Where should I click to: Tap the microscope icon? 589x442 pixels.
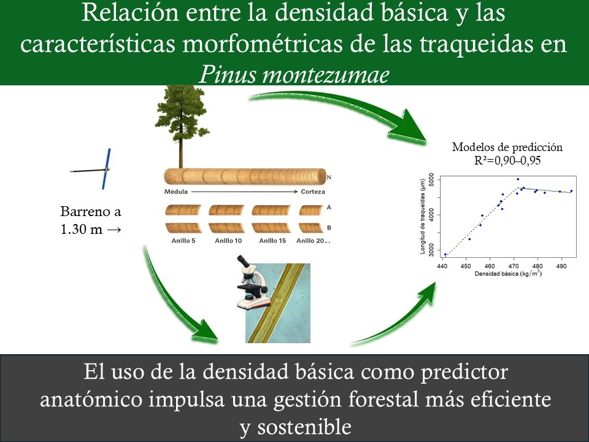click(252, 282)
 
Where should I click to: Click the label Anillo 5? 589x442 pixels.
click(183, 241)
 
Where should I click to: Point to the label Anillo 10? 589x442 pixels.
click(228, 241)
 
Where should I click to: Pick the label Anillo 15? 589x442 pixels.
click(272, 241)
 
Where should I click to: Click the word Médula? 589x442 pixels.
click(176, 192)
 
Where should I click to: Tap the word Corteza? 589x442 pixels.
click(313, 192)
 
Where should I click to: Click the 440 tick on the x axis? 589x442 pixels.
click(442, 266)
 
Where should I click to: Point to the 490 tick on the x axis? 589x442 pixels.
click(561, 266)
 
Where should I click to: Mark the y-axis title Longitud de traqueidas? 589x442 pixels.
click(423, 217)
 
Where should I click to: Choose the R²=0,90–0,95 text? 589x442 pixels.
click(507, 160)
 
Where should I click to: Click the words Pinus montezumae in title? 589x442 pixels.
click(294, 74)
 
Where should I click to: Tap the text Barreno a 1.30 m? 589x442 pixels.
click(91, 220)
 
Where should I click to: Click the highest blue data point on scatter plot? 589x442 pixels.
click(518, 179)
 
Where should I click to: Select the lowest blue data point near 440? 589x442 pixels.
click(445, 254)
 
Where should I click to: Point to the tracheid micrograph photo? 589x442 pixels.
click(278, 303)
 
